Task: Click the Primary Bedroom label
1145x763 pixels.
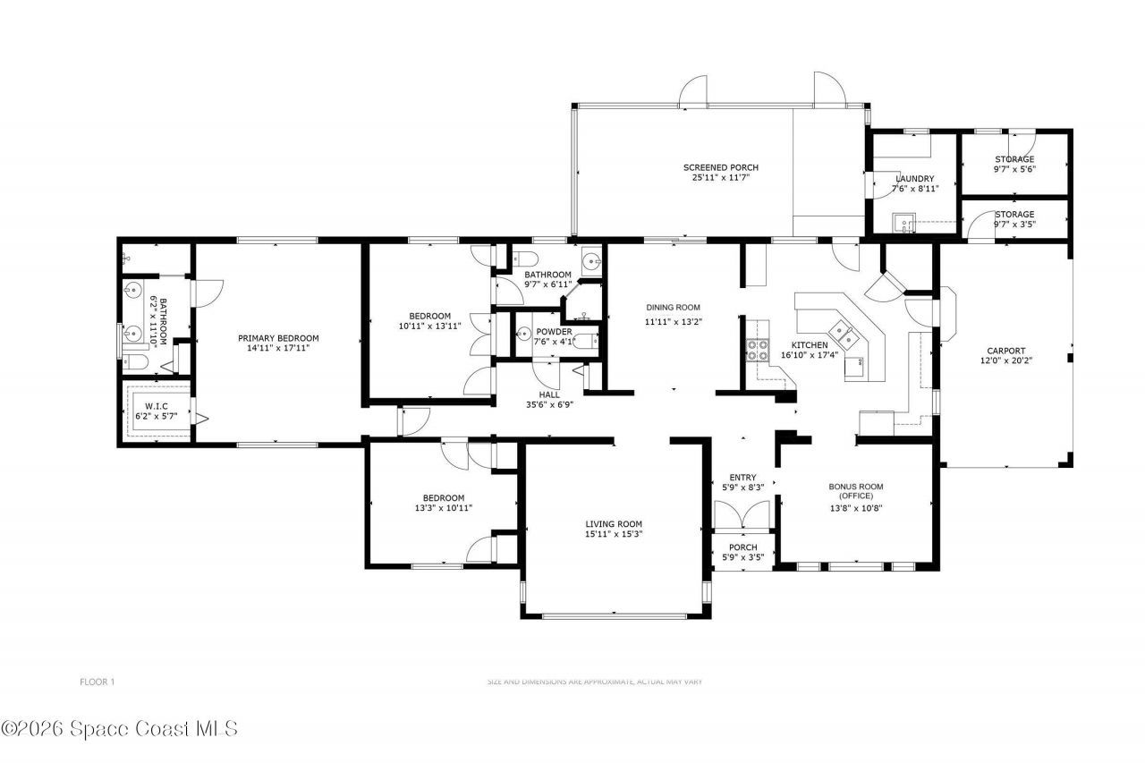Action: tap(278, 338)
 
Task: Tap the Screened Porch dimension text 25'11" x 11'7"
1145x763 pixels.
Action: tap(720, 178)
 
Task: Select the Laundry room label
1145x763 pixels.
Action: tap(915, 179)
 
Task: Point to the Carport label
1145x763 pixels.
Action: tap(1005, 352)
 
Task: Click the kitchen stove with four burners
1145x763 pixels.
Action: tap(757, 350)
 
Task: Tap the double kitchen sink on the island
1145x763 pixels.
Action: tap(844, 334)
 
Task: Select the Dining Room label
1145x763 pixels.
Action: tap(673, 308)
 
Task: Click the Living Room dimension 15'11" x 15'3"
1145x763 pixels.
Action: tap(614, 534)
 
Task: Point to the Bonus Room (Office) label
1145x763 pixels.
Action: tap(855, 491)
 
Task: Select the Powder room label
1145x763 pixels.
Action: tap(554, 332)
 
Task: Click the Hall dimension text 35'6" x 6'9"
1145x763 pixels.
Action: tap(550, 404)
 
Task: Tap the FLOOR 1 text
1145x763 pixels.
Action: tap(97, 682)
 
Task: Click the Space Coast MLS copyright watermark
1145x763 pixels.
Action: tap(119, 729)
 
